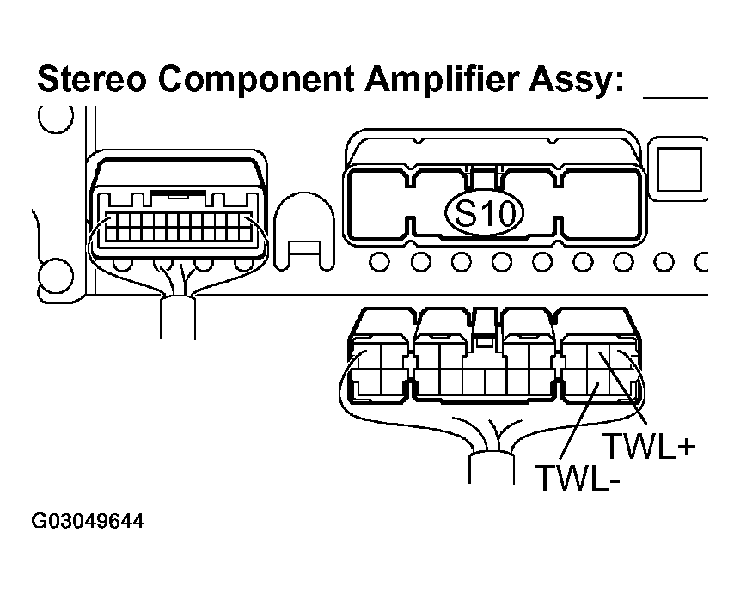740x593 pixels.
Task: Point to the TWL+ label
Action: click(x=646, y=447)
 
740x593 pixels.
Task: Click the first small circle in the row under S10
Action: click(x=379, y=260)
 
